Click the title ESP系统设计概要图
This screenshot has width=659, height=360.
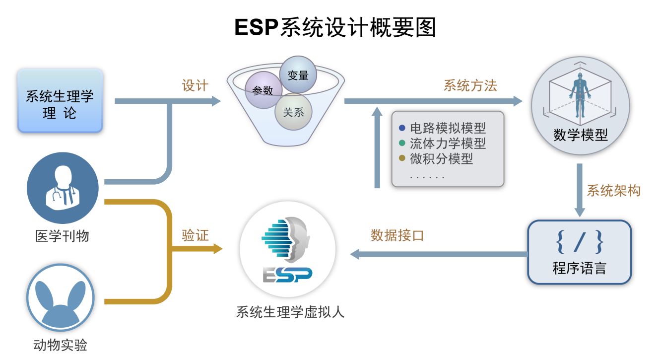(335, 28)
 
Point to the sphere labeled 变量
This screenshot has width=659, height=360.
(298, 75)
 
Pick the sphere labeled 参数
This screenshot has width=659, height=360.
(263, 90)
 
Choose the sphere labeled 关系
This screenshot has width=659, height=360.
(293, 112)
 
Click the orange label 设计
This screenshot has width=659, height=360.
(195, 85)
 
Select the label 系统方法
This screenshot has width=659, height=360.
(470, 85)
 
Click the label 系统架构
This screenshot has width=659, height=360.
(613, 190)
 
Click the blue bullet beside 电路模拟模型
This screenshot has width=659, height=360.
(402, 128)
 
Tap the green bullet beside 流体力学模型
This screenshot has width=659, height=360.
(402, 144)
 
